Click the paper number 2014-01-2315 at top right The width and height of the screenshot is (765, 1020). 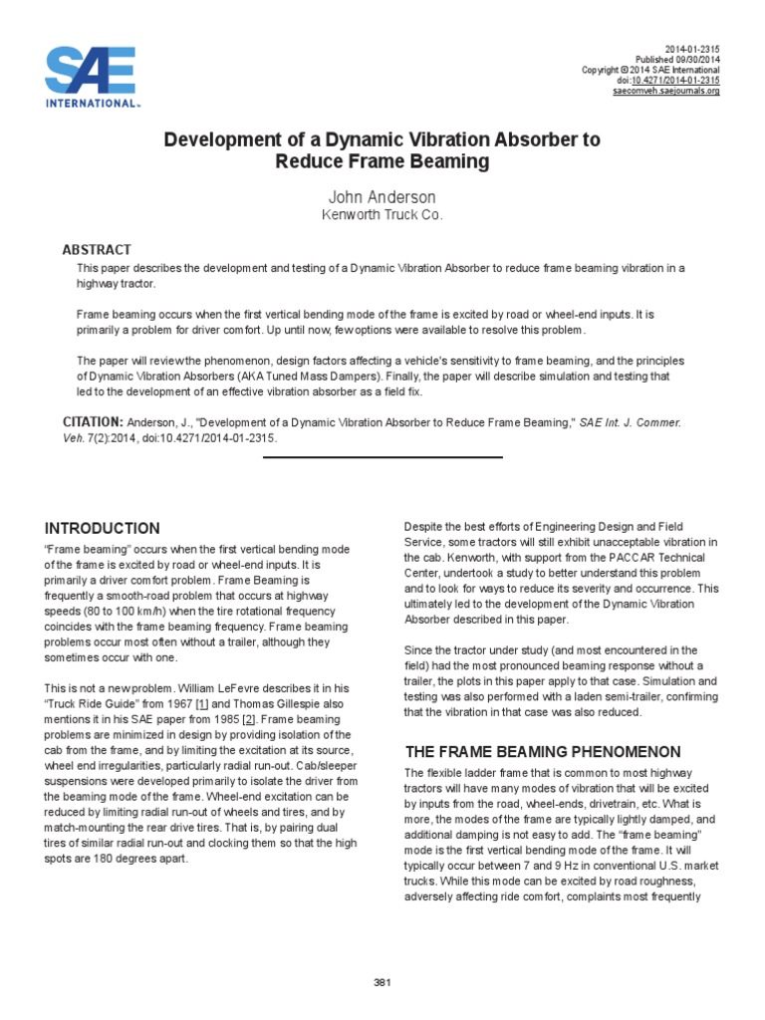(x=691, y=49)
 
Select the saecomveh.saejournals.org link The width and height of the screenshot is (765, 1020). (x=665, y=91)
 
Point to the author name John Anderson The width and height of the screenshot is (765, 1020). (x=382, y=197)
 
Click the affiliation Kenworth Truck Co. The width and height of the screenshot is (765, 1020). (x=382, y=215)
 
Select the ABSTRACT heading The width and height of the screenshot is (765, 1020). (x=97, y=249)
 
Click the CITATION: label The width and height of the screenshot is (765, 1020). (x=93, y=422)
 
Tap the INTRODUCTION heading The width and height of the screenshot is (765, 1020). (x=102, y=528)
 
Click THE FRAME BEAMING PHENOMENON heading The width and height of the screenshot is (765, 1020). (x=543, y=752)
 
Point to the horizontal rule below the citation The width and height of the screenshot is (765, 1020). (x=382, y=457)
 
